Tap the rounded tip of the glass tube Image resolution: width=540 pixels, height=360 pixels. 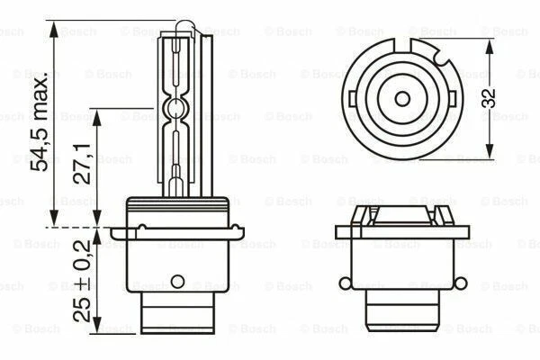click(x=179, y=29)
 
